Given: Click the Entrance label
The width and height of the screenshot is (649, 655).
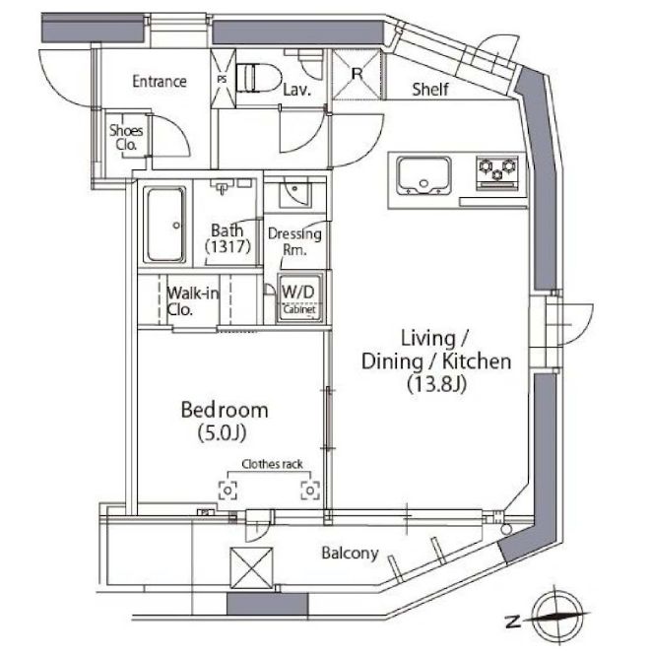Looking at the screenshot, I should tap(160, 82).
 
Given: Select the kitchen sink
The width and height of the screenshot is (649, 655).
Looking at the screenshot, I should tap(422, 177).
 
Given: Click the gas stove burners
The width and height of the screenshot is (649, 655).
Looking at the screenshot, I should tap(499, 172).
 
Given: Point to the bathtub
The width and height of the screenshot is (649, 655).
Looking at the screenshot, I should tap(164, 224).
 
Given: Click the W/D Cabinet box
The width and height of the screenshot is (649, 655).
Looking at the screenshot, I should tap(298, 298).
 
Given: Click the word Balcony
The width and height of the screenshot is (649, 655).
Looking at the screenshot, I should tap(350, 554).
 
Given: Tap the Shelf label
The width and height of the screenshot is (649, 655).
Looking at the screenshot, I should tap(429, 90).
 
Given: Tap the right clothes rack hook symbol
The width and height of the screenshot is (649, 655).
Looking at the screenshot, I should tap(310, 489).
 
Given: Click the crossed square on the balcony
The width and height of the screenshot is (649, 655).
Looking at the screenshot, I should tap(248, 567).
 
